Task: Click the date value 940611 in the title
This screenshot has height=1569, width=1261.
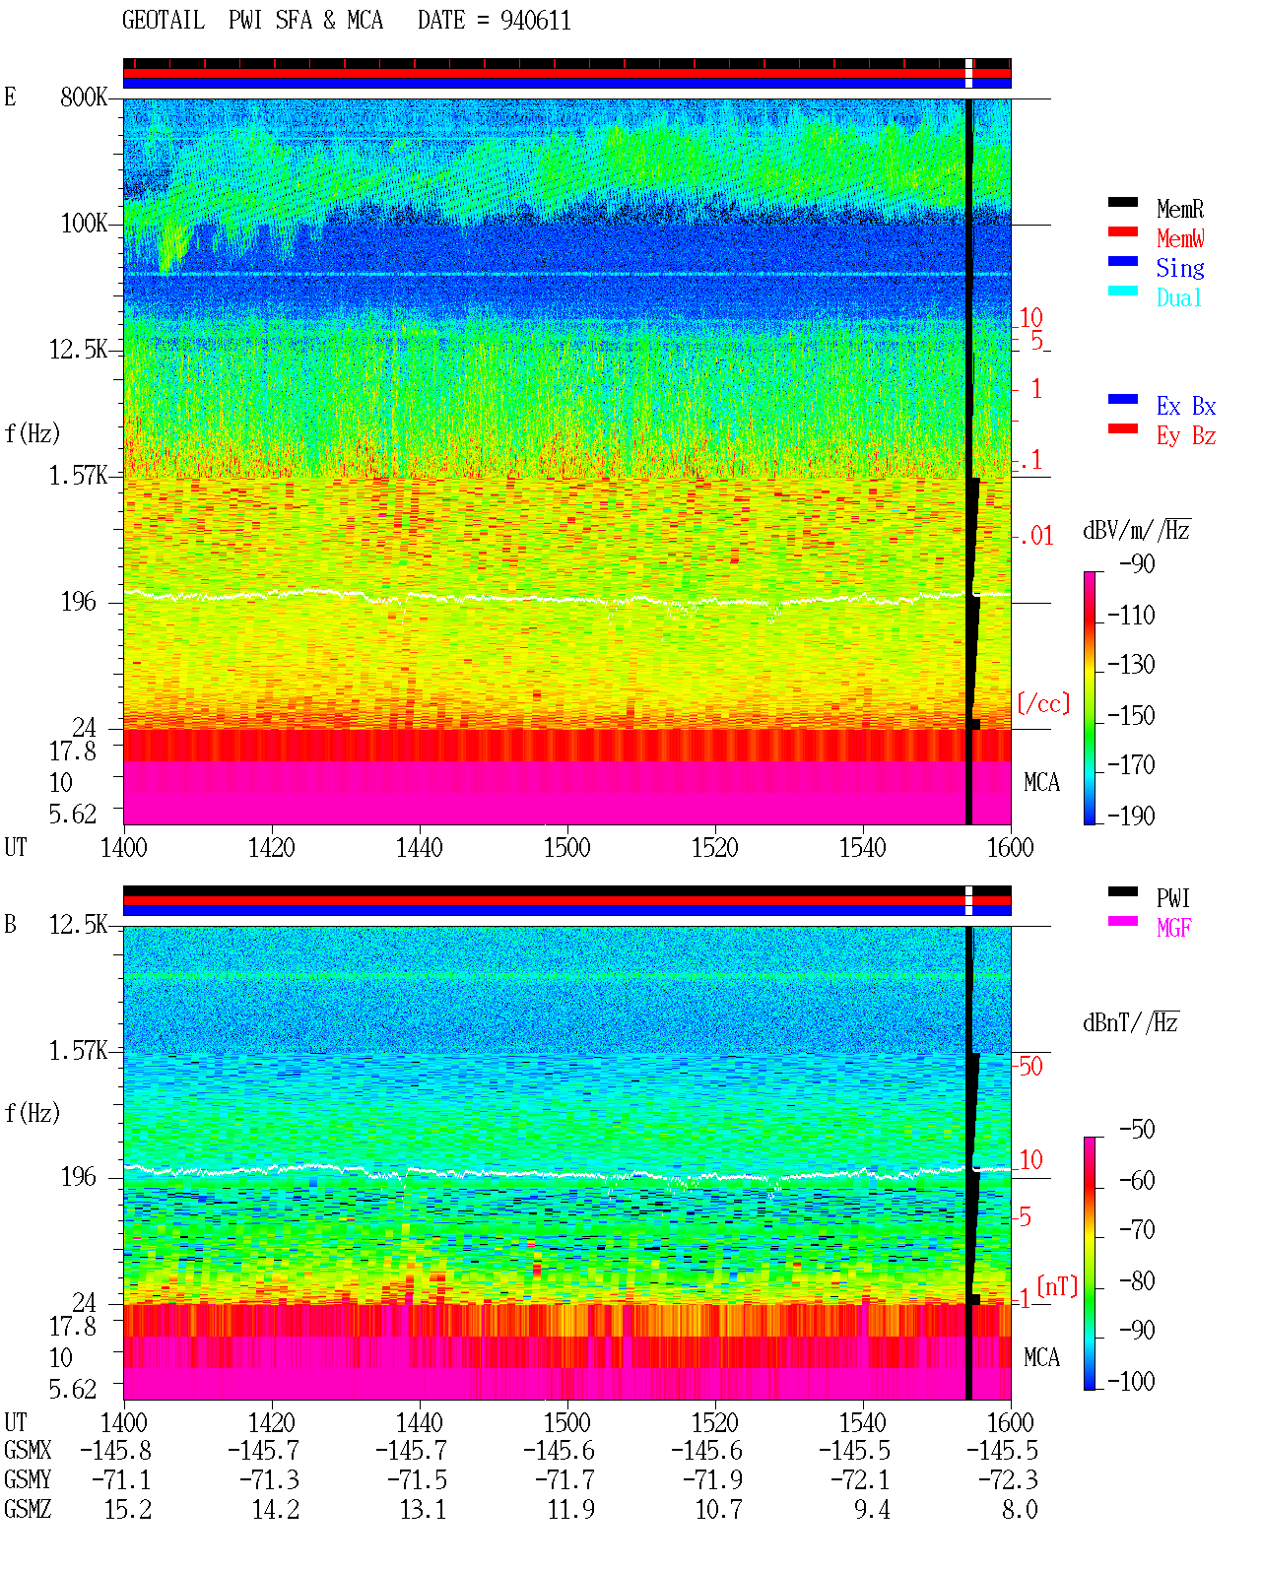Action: point(535,21)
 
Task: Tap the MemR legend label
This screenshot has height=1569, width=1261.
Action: point(1179,209)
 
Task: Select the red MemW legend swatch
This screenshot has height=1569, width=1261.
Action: point(1122,231)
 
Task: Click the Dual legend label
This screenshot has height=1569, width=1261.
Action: point(1178,297)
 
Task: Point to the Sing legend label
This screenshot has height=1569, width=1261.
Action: point(1179,268)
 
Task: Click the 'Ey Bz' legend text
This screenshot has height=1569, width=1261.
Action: point(1186,436)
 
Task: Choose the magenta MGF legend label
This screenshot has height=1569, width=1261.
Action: point(1173,928)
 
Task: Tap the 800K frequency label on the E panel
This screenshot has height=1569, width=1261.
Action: point(84,97)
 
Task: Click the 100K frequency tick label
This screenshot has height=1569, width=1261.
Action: point(84,224)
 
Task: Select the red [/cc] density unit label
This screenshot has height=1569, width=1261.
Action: point(1043,703)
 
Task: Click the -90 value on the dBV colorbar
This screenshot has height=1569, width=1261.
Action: point(1137,564)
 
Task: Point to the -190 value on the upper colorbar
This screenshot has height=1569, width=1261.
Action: point(1131,816)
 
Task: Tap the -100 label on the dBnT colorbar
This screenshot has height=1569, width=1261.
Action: point(1131,1381)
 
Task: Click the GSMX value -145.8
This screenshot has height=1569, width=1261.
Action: point(115,1450)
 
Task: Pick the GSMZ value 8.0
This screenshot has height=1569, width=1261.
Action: point(1020,1509)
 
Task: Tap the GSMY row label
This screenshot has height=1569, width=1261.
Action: point(28,1479)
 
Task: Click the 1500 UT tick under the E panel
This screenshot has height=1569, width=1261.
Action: point(566,847)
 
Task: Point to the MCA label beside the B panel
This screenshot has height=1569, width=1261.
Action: point(1041,1357)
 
